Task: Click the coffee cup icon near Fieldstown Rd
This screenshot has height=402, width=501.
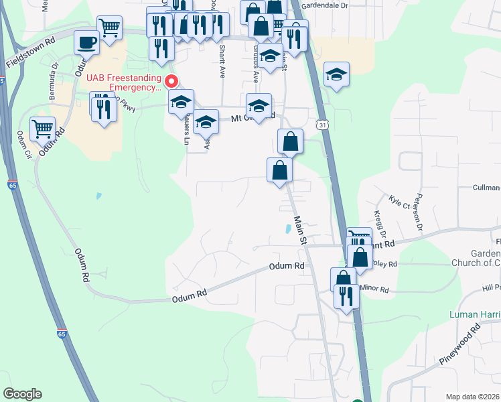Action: [86, 42]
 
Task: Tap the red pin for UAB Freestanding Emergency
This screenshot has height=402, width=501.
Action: [171, 82]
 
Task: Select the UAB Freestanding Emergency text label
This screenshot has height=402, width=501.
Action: [124, 82]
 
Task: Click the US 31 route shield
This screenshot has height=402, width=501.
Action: [323, 125]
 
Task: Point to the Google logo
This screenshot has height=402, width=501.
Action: [22, 394]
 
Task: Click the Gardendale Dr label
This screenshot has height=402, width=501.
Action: [325, 5]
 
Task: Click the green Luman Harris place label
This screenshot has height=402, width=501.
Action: [473, 314]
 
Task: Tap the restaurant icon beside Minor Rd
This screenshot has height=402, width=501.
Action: [346, 295]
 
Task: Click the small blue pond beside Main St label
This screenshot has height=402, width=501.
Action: [288, 228]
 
